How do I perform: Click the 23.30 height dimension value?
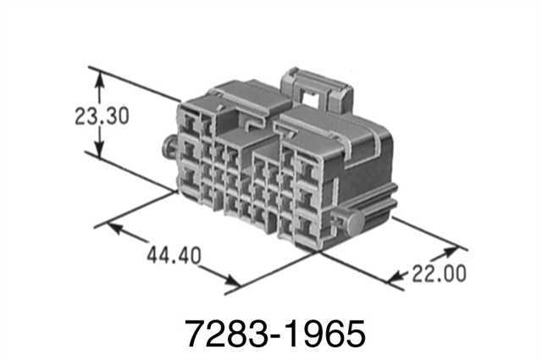click(x=100, y=116)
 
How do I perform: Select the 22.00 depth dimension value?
click(x=438, y=274)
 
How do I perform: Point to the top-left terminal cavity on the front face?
click(x=187, y=124)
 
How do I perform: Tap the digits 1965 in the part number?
click(x=330, y=332)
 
